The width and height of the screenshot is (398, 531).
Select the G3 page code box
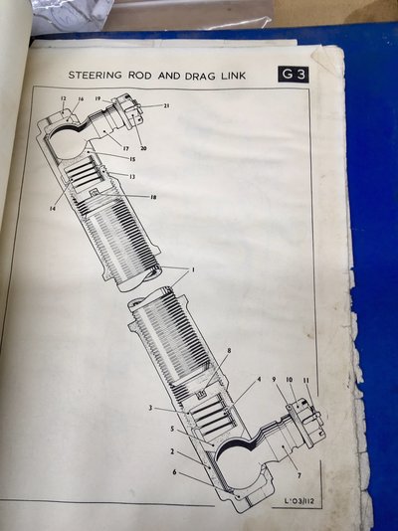pyautogui.click(x=292, y=75)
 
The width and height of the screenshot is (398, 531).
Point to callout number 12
pyautogui.click(x=63, y=99)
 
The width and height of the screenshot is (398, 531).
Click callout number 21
pyautogui.click(x=166, y=106)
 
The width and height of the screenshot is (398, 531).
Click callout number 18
pyautogui.click(x=153, y=198)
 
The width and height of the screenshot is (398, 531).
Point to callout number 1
pyautogui.click(x=193, y=270)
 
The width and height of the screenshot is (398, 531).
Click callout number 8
pyautogui.click(x=229, y=351)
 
